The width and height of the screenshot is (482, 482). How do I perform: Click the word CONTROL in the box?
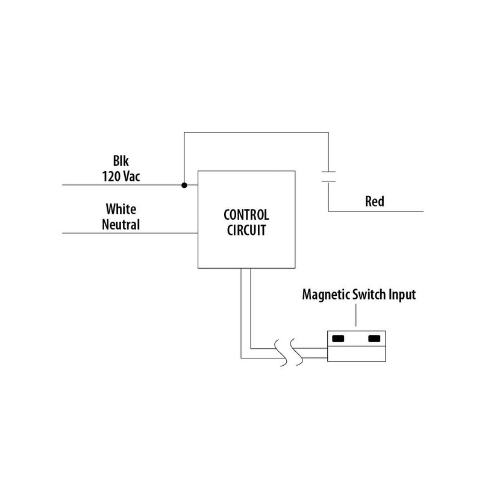[x=246, y=214]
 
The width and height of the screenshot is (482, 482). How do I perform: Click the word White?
[x=121, y=210]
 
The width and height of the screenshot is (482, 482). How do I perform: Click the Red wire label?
[x=374, y=201]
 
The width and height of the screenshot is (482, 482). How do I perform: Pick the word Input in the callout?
[x=402, y=296]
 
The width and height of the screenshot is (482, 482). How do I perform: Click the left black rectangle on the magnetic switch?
[x=338, y=339]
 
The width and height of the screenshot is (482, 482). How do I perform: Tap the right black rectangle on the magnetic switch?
[x=375, y=339]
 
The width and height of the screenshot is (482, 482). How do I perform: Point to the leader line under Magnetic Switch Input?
[x=356, y=317]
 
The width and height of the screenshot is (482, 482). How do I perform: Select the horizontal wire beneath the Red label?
[x=376, y=211]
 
